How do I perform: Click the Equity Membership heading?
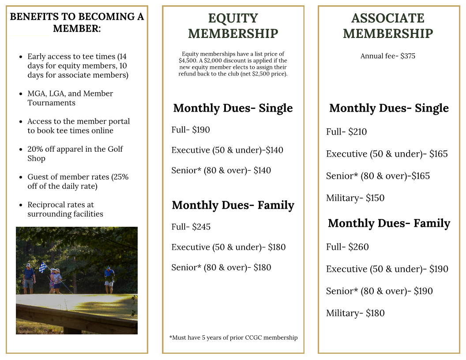[x=233, y=26]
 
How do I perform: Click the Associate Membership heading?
[x=388, y=26]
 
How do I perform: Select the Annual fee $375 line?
[x=387, y=56]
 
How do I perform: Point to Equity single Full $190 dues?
[x=191, y=130]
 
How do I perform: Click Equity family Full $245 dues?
[x=191, y=227]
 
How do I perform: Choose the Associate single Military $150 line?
[x=355, y=198]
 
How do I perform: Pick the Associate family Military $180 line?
[x=355, y=313]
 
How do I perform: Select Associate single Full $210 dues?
[x=346, y=132]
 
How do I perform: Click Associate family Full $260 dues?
[x=347, y=247]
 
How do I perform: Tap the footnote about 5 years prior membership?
[x=233, y=337]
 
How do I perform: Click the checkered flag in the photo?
[x=43, y=267]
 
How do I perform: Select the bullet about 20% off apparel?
[x=75, y=154]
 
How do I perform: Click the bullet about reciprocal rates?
[x=65, y=210]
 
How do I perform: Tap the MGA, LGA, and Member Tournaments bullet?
[x=70, y=98]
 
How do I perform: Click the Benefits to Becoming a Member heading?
[x=77, y=22]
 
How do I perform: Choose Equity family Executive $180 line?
[x=228, y=247]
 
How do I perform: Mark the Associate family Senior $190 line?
[x=379, y=291]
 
